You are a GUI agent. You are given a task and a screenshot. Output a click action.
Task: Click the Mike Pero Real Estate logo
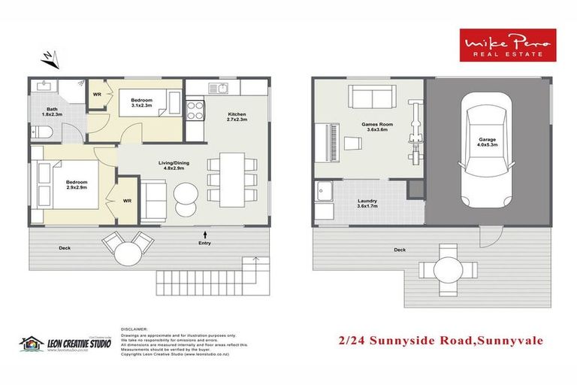507,44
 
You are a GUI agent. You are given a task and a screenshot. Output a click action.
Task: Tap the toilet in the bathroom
44,133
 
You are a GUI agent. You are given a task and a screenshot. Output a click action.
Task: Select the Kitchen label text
237,114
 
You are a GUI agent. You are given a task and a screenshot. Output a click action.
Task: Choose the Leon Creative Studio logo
65,344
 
